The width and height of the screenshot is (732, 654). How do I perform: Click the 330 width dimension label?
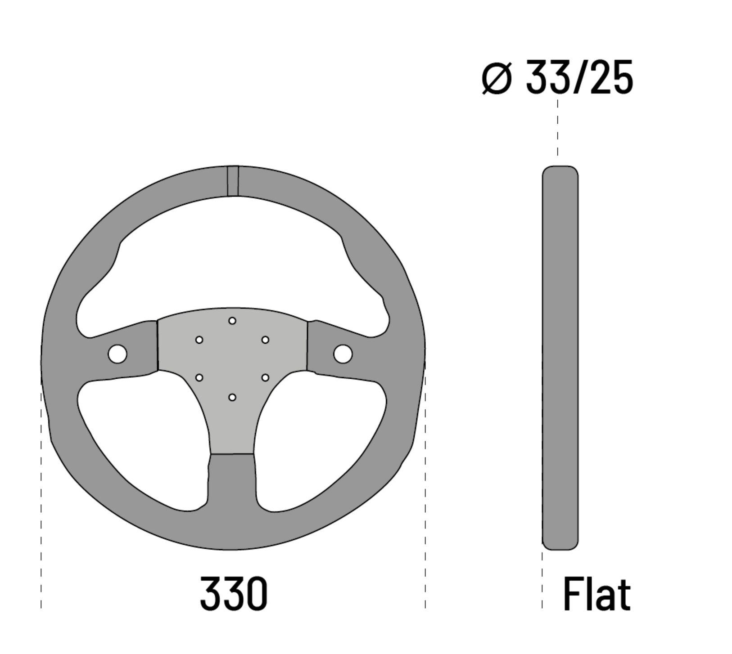233,594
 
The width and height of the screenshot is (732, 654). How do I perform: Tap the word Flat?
596,594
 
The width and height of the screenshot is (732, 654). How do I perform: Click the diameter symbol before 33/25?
497,78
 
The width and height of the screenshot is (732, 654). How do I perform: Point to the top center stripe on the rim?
233,181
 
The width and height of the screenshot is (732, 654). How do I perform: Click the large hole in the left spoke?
117,354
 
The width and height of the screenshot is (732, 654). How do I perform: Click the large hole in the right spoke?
343,354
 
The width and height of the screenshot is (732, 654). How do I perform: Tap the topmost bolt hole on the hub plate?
232,321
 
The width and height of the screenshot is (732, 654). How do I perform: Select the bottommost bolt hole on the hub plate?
232,397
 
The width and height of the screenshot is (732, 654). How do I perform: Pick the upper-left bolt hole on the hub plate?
199,340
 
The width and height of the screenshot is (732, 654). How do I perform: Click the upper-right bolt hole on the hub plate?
265,340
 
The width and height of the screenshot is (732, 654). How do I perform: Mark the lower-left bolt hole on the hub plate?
199,378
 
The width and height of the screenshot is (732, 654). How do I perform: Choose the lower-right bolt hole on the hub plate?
265,378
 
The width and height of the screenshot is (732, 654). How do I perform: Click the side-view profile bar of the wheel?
560,358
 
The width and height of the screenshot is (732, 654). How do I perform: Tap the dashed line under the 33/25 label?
558,128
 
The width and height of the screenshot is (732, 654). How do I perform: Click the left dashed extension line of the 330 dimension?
41,517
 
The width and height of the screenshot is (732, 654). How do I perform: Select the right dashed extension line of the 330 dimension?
425,517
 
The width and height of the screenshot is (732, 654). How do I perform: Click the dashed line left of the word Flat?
542,580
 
